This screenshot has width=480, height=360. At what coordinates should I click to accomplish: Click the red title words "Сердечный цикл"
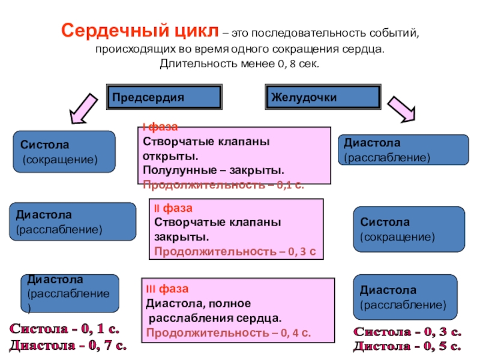tap(140, 31)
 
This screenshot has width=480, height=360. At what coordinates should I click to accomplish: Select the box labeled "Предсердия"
tap(164, 97)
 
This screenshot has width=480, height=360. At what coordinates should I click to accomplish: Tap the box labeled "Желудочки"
tap(323, 97)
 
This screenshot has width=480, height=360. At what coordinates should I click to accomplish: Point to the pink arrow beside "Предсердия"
tap(83, 109)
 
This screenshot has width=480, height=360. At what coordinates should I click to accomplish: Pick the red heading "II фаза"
tap(173, 208)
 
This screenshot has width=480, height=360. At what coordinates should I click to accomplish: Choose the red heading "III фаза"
tap(167, 289)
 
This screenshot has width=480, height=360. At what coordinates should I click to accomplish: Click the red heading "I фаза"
tap(160, 127)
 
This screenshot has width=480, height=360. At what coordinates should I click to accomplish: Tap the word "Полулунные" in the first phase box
tap(179, 170)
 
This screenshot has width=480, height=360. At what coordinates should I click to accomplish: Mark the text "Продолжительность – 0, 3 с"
tap(235, 251)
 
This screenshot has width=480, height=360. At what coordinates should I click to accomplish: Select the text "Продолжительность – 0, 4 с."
tap(229, 332)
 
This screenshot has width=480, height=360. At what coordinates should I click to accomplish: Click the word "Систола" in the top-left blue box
tap(44, 145)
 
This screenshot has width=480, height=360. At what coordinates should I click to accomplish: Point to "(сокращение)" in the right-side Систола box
tap(397, 236)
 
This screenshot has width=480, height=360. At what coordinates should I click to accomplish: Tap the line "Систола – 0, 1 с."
tap(65, 329)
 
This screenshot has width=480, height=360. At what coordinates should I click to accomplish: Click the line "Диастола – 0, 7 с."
tap(68, 346)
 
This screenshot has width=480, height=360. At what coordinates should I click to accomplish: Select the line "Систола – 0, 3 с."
tap(407, 332)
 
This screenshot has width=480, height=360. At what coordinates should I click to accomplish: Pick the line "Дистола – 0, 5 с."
tap(407, 346)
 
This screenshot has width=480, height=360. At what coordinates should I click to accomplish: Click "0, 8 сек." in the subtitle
tap(298, 64)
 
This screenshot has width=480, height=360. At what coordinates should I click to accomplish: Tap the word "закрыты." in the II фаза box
tap(182, 237)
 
